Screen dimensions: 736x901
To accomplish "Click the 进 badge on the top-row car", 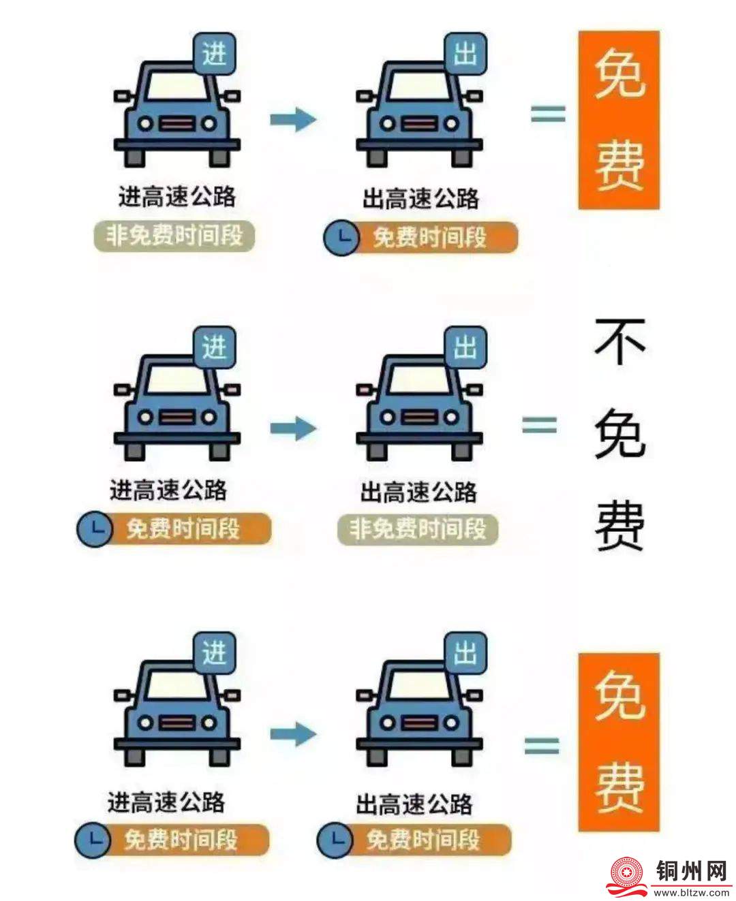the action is pos(214,54).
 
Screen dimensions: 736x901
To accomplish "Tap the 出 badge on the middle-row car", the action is pos(465,347).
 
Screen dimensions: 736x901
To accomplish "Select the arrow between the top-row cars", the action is pos(293,119).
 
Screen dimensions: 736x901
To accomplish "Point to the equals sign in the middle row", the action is pos(539,425).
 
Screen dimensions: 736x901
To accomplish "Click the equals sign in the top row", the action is pos(548,114).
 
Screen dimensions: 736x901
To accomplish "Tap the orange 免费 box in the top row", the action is pos(619,120).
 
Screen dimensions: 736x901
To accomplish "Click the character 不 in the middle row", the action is pos(619,342).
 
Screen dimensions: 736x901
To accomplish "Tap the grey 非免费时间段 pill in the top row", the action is pos(174,236).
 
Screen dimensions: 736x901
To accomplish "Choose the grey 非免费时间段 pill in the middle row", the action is pos(418,529).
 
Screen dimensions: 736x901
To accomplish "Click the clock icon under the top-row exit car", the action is pos(341,238).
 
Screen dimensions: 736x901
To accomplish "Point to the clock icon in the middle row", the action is pos(95,529).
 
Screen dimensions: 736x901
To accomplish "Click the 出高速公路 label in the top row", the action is pos(421,199).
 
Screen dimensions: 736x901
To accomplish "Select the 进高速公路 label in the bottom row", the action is pos(166,802).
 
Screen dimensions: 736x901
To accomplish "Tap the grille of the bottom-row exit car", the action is pos(419,723).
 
